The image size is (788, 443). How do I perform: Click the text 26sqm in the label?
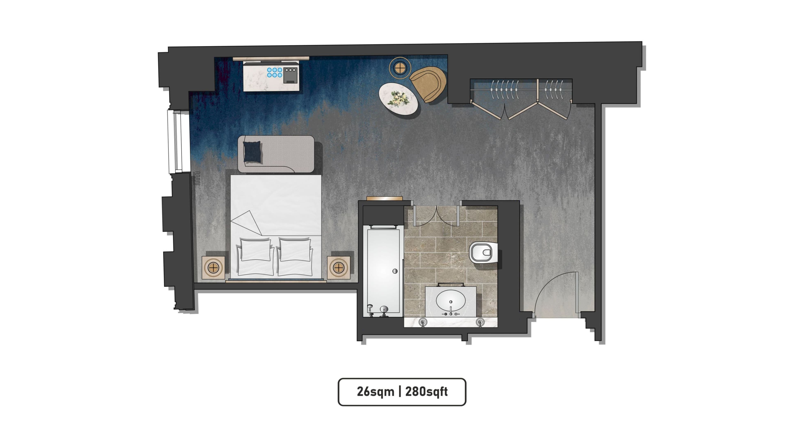click(x=375, y=392)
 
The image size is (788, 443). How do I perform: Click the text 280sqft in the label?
click(x=426, y=392)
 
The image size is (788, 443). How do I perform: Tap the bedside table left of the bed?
click(x=213, y=267)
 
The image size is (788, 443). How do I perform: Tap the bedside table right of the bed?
click(x=338, y=267)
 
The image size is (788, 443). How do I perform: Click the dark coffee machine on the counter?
click(x=290, y=75)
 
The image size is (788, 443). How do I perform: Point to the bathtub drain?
click(x=395, y=271)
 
